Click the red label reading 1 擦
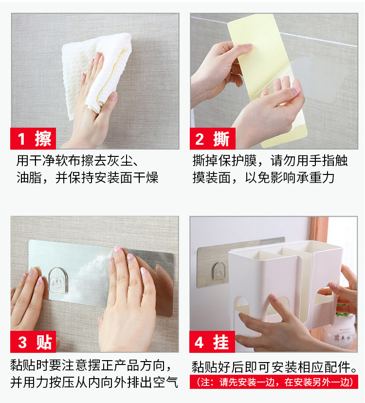click(x=33, y=138)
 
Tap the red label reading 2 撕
click(x=213, y=138)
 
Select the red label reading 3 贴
click(x=33, y=342)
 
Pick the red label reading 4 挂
click(x=212, y=342)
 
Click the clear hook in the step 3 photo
click(x=58, y=280)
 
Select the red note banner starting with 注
click(x=274, y=382)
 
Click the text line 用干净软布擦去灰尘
click(x=78, y=161)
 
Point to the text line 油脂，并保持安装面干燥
click(x=88, y=178)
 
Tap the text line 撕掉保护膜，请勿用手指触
click(x=270, y=161)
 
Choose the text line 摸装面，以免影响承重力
click(x=264, y=178)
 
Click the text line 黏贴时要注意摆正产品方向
click(x=91, y=365)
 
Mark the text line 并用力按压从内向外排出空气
click(x=94, y=382)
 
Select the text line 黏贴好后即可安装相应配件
click(x=274, y=367)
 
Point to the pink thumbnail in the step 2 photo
click(x=296, y=90)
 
